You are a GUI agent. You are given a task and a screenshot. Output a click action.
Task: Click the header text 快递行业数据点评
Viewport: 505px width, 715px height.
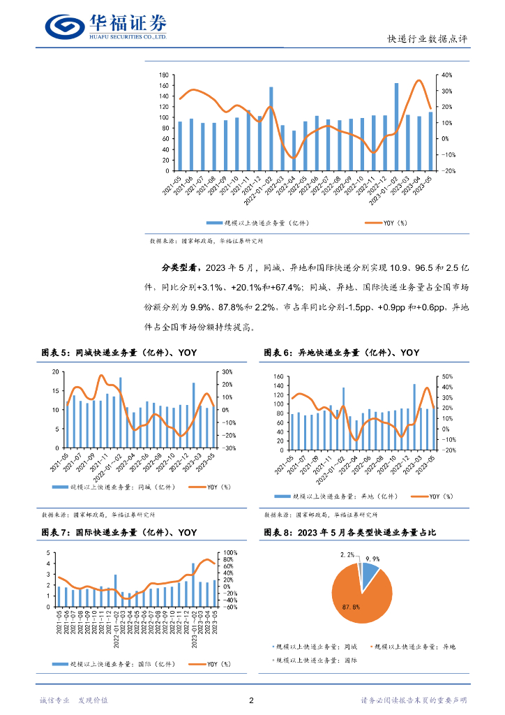point(427,39)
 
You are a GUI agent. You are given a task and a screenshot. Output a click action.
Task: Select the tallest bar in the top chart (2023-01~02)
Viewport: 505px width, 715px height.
point(396,126)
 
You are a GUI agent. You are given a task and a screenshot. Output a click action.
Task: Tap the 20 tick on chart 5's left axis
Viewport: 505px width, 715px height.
point(55,371)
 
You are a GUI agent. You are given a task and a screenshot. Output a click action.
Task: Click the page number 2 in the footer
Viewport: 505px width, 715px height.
point(251,700)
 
